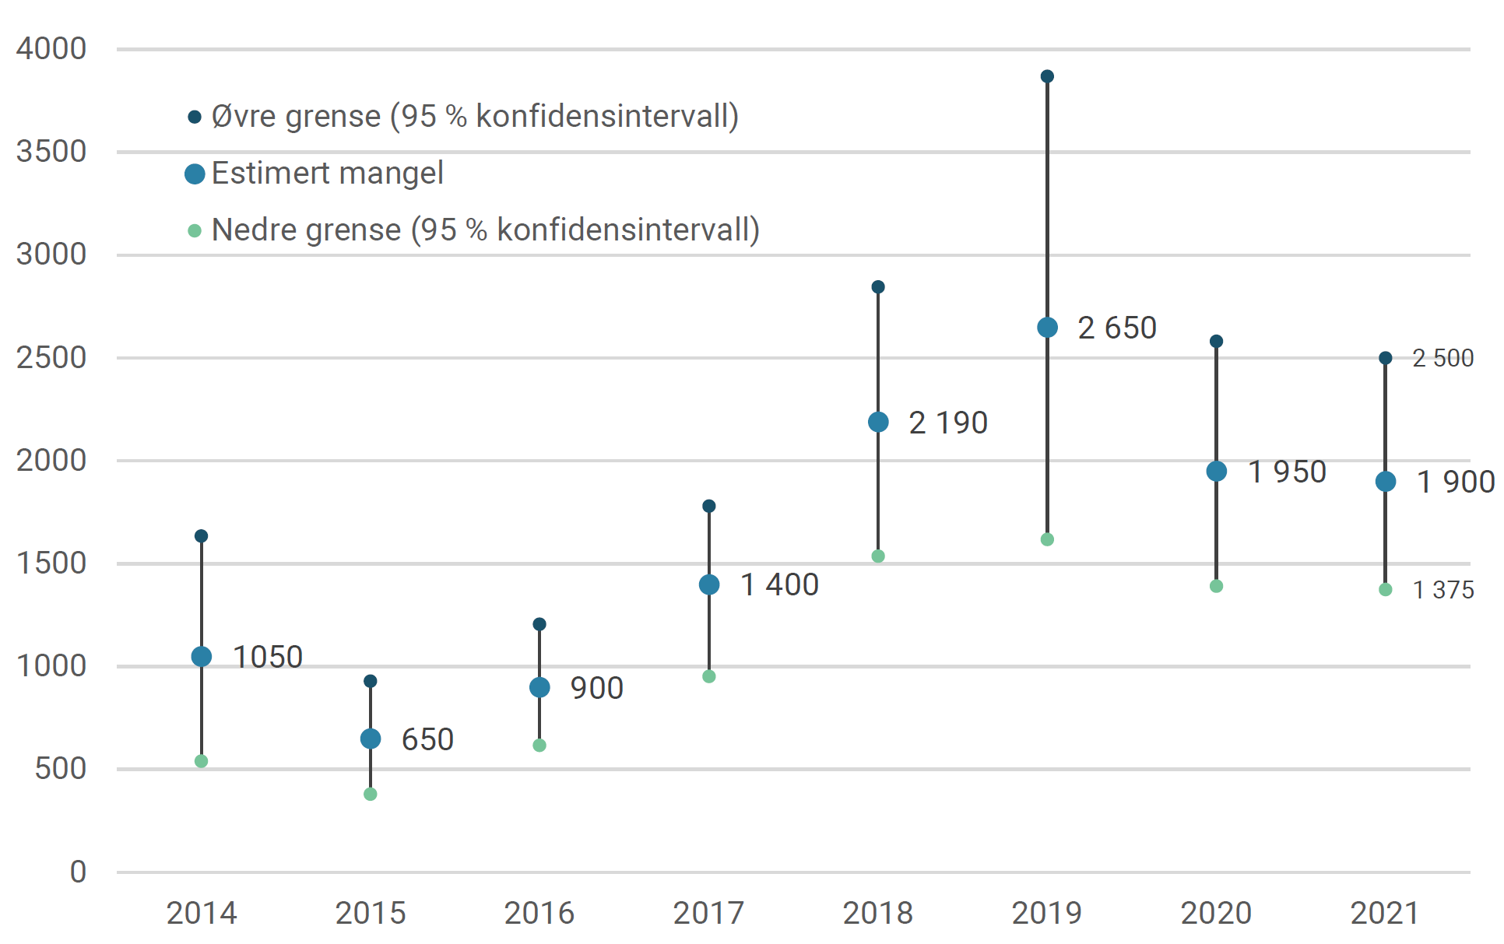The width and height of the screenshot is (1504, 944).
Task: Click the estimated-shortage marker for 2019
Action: point(1047,328)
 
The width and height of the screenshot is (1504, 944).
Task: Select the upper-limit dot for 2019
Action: point(1047,76)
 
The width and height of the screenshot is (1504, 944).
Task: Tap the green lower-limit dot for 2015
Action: point(371,794)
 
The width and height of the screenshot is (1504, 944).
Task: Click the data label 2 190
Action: point(947,423)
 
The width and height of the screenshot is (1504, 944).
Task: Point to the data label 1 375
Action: point(1443,590)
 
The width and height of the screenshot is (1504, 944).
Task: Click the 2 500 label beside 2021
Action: point(1443,358)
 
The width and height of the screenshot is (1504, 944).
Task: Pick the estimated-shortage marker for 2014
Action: point(202,657)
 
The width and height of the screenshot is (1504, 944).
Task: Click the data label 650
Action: point(427,739)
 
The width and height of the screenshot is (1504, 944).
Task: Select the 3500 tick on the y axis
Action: point(51,151)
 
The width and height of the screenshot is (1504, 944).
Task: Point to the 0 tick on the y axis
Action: point(78,872)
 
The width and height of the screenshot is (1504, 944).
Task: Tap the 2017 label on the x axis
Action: point(708,913)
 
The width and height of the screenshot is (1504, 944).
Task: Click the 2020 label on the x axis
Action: point(1216,913)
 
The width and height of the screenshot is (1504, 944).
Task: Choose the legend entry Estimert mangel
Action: point(327,173)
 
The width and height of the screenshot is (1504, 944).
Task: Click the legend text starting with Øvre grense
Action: point(474,116)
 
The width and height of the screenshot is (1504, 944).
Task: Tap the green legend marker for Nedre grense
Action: point(195,230)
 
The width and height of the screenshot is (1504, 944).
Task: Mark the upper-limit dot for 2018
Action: point(878,287)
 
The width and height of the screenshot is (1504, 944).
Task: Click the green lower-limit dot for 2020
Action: point(1216,586)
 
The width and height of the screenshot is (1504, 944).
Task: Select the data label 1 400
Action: point(778,584)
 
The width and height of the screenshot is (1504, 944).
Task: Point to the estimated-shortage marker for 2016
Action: point(539,687)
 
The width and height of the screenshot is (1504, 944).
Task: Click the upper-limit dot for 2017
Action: point(708,506)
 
